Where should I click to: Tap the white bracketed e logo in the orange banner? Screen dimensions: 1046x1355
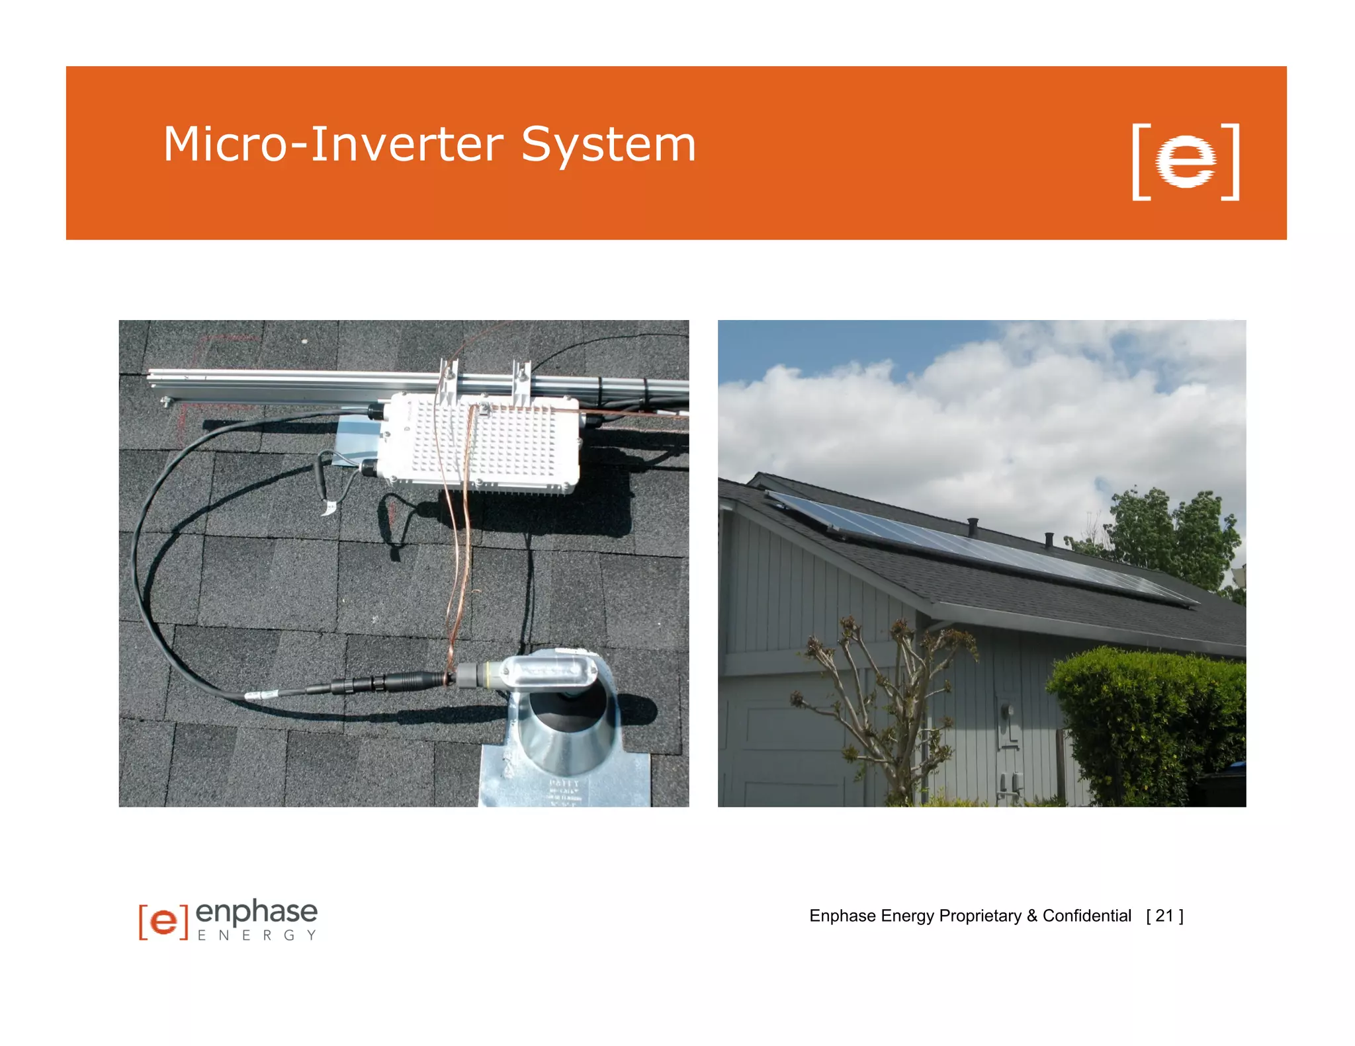pyautogui.click(x=1185, y=161)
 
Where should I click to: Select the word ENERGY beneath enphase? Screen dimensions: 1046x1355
pyautogui.click(x=257, y=936)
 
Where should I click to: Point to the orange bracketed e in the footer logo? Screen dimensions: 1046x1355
pyautogui.click(x=163, y=920)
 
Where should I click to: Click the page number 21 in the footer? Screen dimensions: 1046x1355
pyautogui.click(x=1164, y=916)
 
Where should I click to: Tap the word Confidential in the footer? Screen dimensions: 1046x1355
pyautogui.click(x=1086, y=916)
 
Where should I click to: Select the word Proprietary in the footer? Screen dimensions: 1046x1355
pyautogui.click(x=980, y=916)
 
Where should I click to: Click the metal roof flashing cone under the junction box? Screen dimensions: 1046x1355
pyautogui.click(x=562, y=734)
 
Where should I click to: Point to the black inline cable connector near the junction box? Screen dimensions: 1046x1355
pyautogui.click(x=390, y=682)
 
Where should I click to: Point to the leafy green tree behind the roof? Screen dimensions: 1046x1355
pyautogui.click(x=1171, y=536)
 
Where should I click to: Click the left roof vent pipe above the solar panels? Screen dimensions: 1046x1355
pyautogui.click(x=973, y=526)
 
